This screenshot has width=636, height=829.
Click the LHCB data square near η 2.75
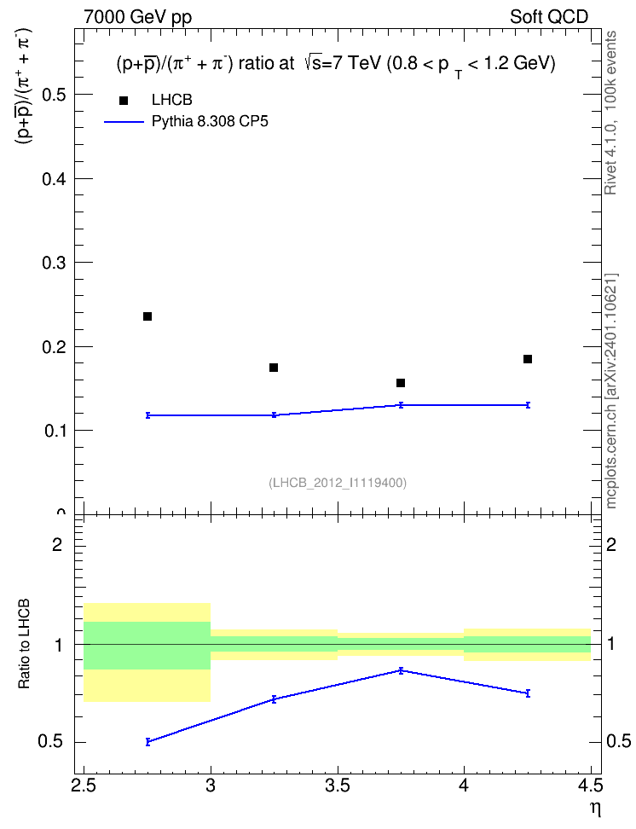click(147, 316)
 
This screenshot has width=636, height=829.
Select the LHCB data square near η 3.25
click(274, 368)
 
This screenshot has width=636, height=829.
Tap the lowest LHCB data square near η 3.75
click(401, 383)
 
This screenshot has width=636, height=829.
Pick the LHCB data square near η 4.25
click(528, 359)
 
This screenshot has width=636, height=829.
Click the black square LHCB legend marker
click(124, 101)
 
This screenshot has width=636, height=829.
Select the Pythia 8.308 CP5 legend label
click(210, 122)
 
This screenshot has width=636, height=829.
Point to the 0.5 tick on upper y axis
click(54, 95)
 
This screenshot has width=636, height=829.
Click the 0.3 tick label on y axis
click(54, 263)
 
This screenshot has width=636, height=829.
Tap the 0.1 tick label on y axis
click(55, 431)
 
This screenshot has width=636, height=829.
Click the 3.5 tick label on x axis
click(338, 786)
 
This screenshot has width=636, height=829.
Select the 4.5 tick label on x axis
click(591, 786)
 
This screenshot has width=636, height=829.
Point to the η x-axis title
click(596, 809)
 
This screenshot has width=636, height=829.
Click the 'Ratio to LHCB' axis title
click(24, 644)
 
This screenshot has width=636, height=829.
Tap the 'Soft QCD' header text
click(549, 17)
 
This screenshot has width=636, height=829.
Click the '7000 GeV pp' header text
click(137, 17)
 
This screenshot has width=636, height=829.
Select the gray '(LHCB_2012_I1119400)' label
click(338, 483)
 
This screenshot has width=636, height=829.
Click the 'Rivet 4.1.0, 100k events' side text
click(610, 113)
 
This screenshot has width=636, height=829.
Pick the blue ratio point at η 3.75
click(401, 670)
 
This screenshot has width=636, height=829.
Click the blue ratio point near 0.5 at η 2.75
click(147, 742)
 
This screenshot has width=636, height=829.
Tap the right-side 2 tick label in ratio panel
click(611, 544)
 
